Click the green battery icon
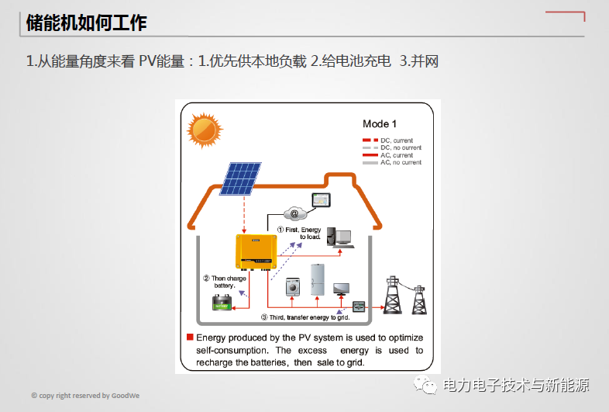tap(222, 302)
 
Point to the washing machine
tap(293, 286)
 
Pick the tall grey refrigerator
tap(318, 279)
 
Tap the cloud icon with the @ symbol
tap(294, 213)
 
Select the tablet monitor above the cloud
tap(321, 200)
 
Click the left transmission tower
tap(395, 294)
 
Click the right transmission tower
tap(419, 299)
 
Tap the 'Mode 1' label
tap(380, 124)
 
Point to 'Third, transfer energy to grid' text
tap(305, 317)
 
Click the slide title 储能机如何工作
tap(86, 23)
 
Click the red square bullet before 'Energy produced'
tap(190, 338)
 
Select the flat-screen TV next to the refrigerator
tap(341, 289)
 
